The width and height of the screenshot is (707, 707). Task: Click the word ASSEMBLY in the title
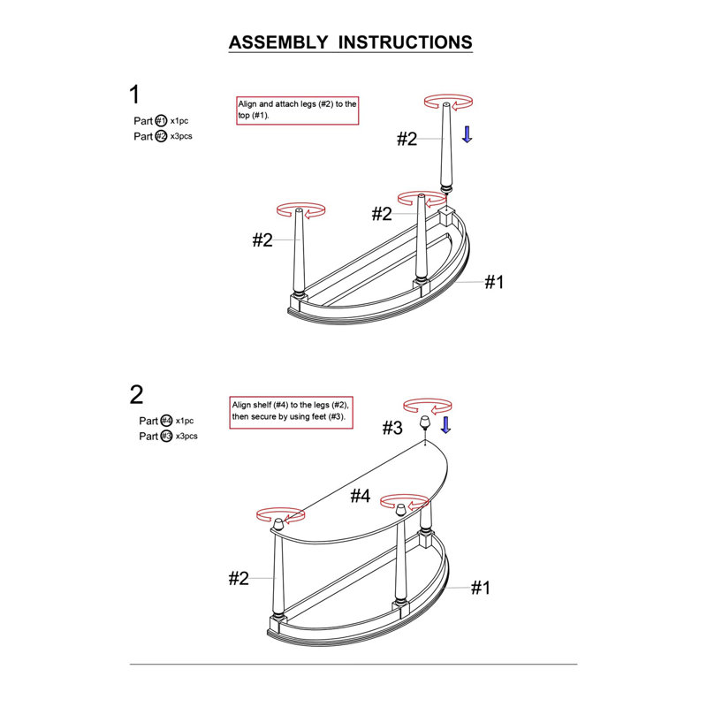[x=278, y=42]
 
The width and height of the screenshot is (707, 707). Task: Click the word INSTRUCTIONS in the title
[x=405, y=42]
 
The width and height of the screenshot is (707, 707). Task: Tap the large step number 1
[x=134, y=95]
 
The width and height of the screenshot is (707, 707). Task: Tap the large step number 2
[x=136, y=394]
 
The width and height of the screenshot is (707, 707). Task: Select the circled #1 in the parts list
[x=161, y=121]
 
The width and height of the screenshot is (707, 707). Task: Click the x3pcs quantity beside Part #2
[x=181, y=136]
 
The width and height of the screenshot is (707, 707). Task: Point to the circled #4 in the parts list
[x=166, y=421]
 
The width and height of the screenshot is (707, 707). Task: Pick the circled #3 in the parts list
[x=166, y=436]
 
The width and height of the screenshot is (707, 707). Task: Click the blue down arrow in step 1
[x=468, y=134]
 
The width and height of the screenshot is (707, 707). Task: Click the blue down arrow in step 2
[x=445, y=425]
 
